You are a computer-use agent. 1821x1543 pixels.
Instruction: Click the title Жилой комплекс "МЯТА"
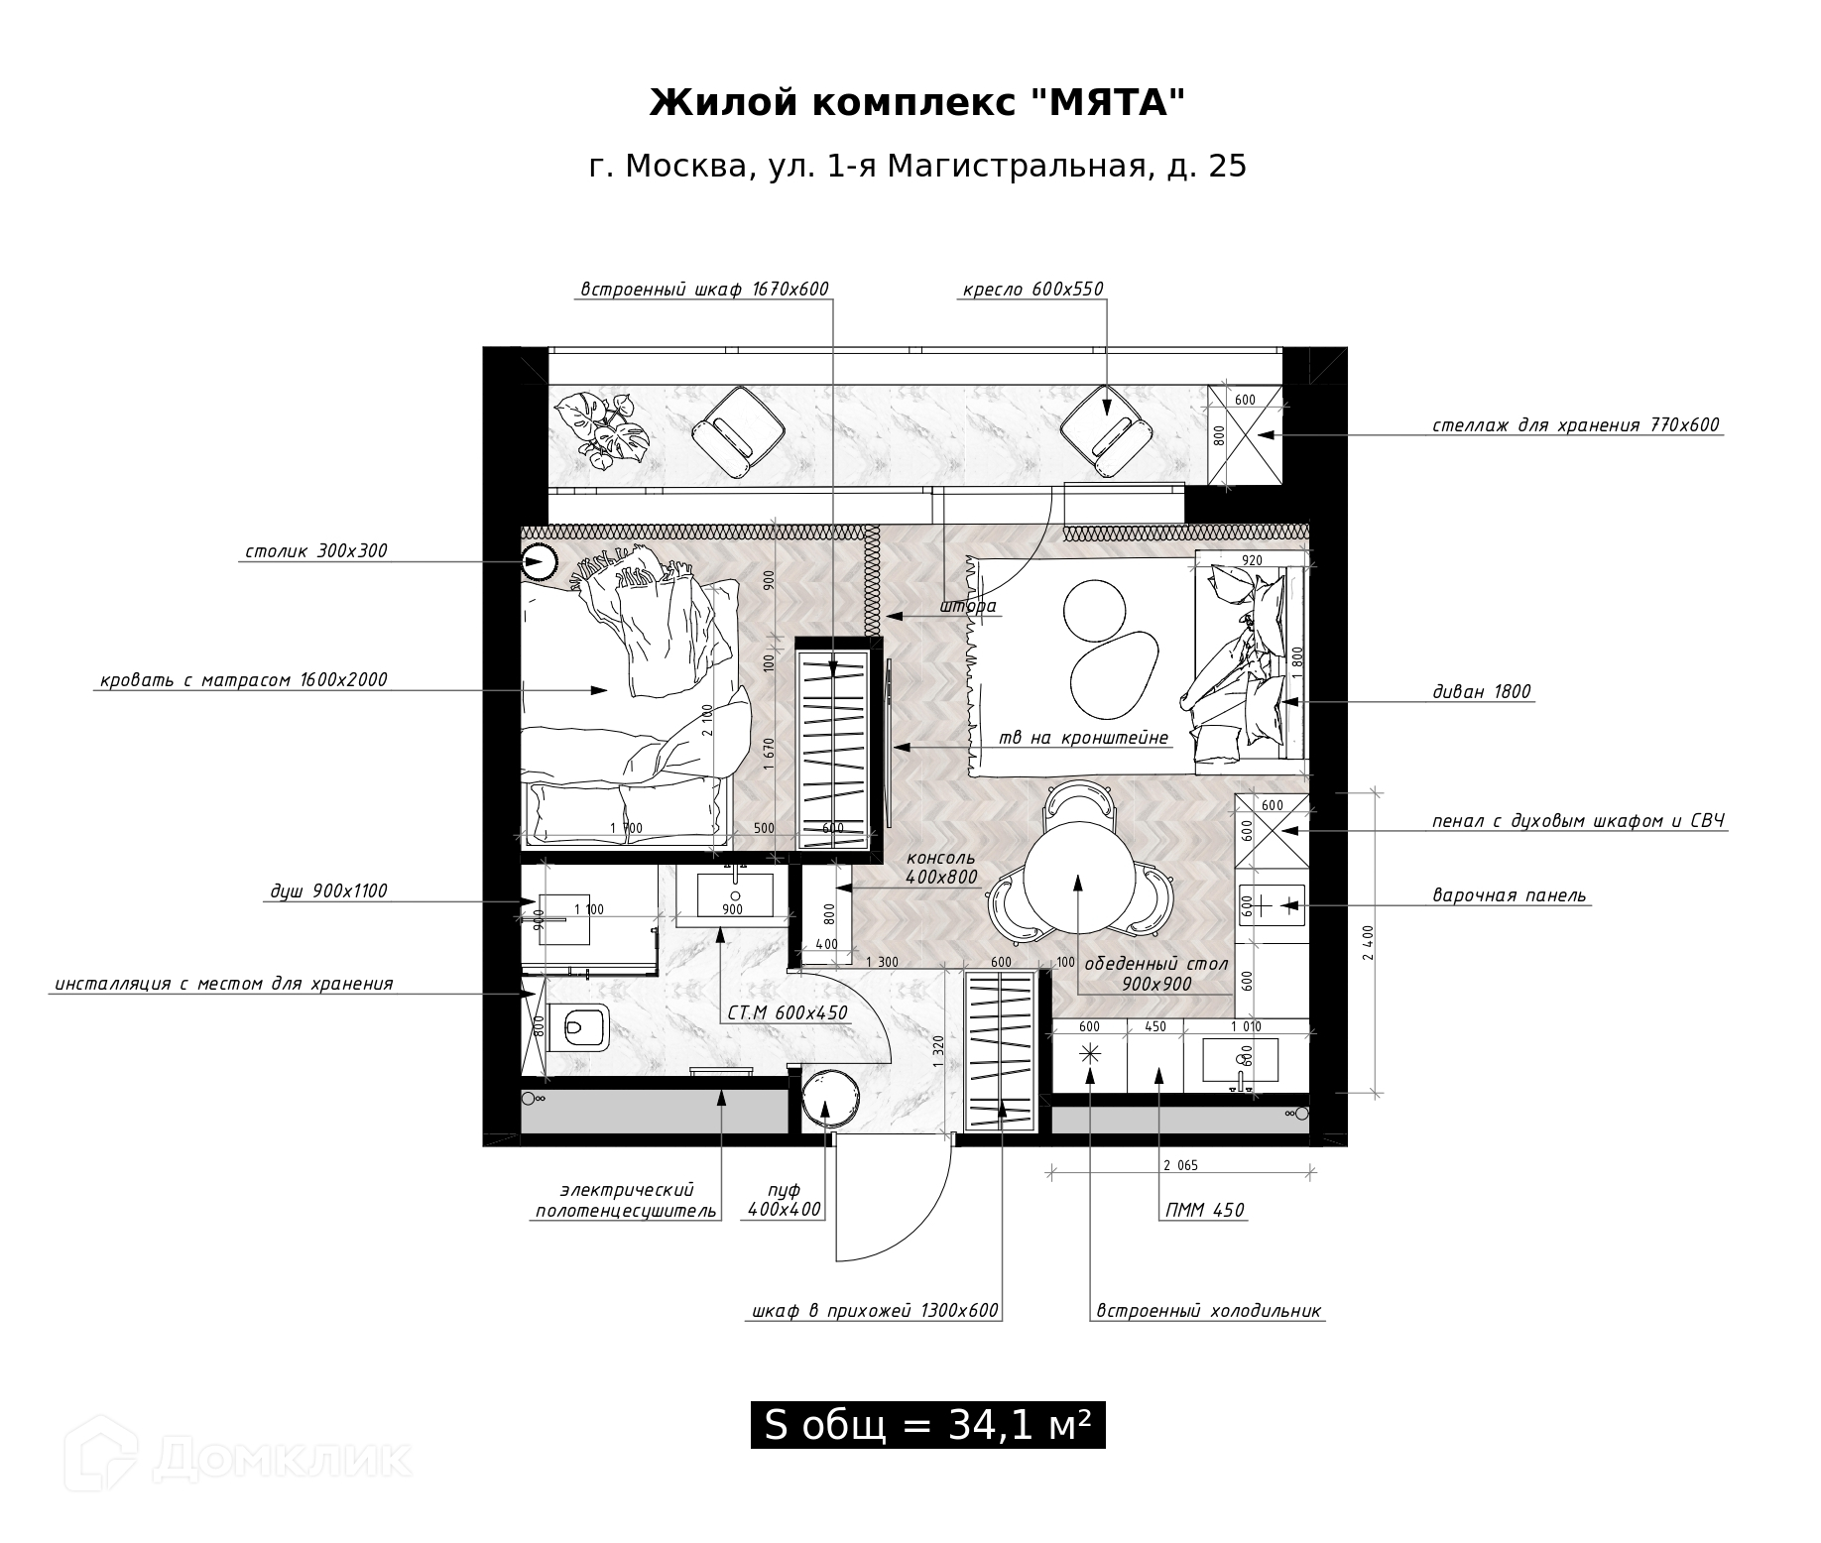tap(917, 102)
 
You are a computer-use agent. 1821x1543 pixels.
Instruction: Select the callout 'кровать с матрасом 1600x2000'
tap(244, 680)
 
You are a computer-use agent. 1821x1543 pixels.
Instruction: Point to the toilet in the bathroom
tap(580, 1026)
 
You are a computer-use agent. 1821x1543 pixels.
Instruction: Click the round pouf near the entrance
tap(829, 1098)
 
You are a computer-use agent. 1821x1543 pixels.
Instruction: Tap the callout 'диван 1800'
tap(1482, 692)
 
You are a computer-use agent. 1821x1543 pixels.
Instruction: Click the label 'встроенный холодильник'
tap(1208, 1311)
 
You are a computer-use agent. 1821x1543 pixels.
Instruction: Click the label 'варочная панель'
tap(1509, 895)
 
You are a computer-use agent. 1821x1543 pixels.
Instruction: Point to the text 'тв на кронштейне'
tap(1083, 738)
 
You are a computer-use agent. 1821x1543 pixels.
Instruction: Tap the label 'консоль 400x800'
tap(940, 868)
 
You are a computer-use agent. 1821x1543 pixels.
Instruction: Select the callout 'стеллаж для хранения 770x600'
tap(1575, 425)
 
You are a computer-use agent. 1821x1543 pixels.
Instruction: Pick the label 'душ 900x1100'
tap(329, 891)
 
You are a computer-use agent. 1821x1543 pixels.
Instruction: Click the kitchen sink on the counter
tap(1240, 1061)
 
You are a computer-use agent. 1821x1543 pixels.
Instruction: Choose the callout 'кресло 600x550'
tap(1032, 290)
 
